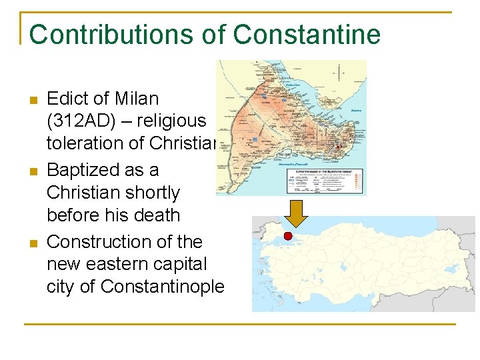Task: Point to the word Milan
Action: [x=136, y=99]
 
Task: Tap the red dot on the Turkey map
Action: [x=288, y=235]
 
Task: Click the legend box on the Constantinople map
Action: [x=323, y=179]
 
